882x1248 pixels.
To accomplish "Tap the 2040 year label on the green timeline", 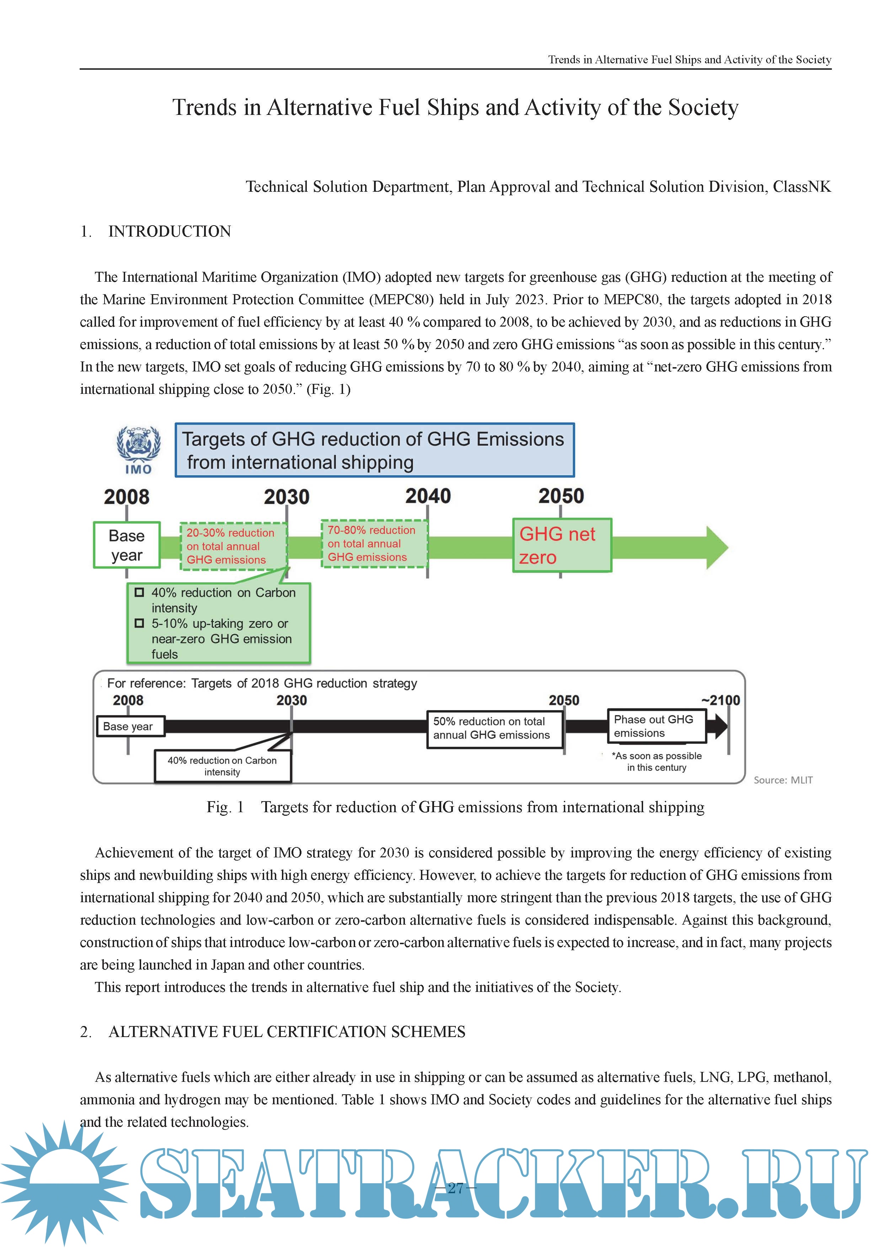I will (x=428, y=496).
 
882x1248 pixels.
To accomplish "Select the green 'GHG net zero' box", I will (x=562, y=545).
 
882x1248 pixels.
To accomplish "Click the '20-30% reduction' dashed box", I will (x=234, y=546).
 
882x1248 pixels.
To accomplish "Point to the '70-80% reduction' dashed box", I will (x=374, y=544).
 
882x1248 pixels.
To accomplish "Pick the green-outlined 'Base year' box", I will (x=127, y=545).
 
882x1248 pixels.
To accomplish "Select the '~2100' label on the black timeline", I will (x=721, y=700).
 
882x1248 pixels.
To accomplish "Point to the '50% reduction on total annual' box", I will (x=494, y=728).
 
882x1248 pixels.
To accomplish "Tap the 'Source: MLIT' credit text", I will (x=782, y=780).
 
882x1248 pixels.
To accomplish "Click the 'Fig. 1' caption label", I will (x=225, y=807).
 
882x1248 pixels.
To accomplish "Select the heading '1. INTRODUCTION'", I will (x=156, y=232).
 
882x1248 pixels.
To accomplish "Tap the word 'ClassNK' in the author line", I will (x=802, y=187).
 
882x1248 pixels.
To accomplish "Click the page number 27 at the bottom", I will (x=455, y=1188).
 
